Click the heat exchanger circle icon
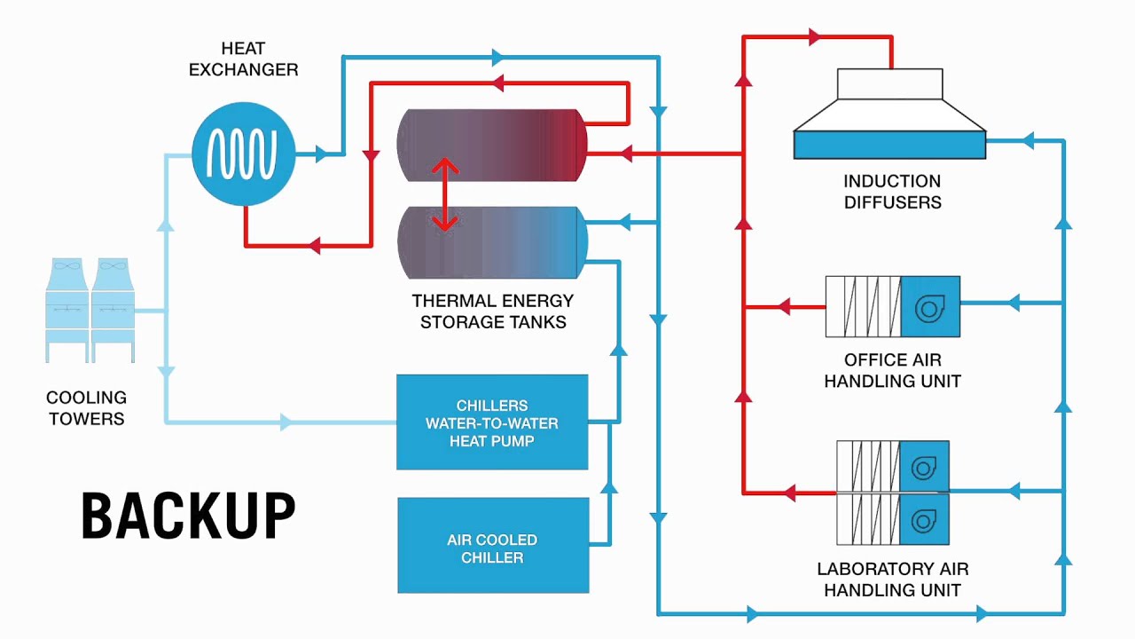pyautogui.click(x=243, y=154)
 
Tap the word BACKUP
pyautogui.click(x=188, y=517)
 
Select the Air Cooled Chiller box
pyautogui.click(x=493, y=545)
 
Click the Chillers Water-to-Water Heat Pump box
pyautogui.click(x=492, y=422)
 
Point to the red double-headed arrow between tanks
pyautogui.click(x=444, y=194)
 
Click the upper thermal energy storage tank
pyautogui.click(x=492, y=145)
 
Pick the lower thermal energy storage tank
pyautogui.click(x=492, y=242)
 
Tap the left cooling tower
pyautogui.click(x=67, y=310)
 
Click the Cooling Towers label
pyautogui.click(x=86, y=408)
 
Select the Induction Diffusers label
pyautogui.click(x=892, y=192)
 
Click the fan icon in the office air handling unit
pyautogui.click(x=929, y=307)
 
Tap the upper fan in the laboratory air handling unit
pyautogui.click(x=924, y=466)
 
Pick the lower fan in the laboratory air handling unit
pyautogui.click(x=924, y=519)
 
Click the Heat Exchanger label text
pyautogui.click(x=243, y=59)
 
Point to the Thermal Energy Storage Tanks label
pyautogui.click(x=493, y=312)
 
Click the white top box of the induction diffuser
pyautogui.click(x=889, y=83)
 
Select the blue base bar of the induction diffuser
pyautogui.click(x=889, y=145)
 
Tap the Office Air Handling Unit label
pyautogui.click(x=892, y=371)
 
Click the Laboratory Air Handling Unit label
pyautogui.click(x=892, y=580)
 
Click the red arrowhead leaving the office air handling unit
pyautogui.click(x=783, y=307)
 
